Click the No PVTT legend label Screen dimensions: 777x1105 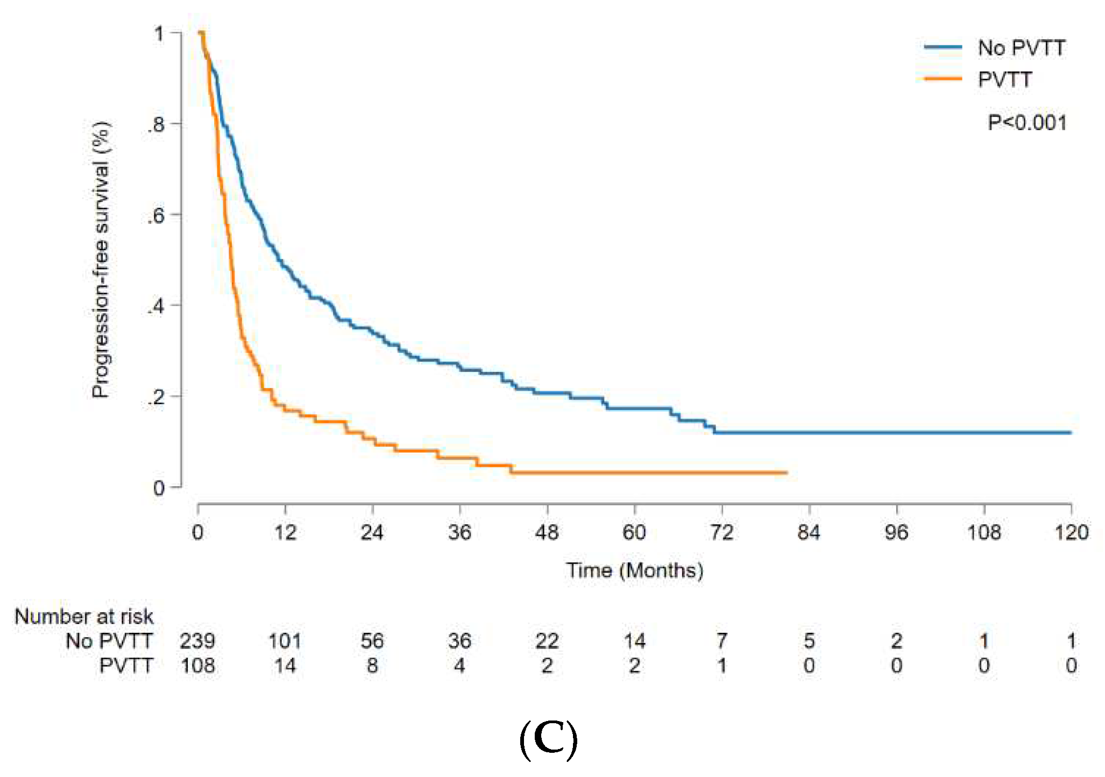pyautogui.click(x=1021, y=48)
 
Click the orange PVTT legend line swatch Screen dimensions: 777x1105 pyautogui.click(x=943, y=79)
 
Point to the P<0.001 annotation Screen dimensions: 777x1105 pyautogui.click(x=1027, y=123)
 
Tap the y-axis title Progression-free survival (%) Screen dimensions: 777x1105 pyautogui.click(x=101, y=259)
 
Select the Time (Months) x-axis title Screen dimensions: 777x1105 pyautogui.click(x=634, y=570)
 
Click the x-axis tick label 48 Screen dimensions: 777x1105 pyautogui.click(x=547, y=533)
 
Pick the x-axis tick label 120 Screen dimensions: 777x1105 pyautogui.click(x=1071, y=533)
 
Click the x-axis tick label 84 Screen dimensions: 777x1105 pyautogui.click(x=809, y=533)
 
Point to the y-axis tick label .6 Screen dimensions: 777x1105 pyautogui.click(x=157, y=216)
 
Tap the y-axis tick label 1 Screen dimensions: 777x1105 pyautogui.click(x=159, y=34)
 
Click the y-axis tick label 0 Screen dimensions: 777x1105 pyautogui.click(x=159, y=488)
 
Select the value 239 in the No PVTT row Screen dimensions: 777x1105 pyautogui.click(x=197, y=641)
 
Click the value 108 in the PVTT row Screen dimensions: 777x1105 pyautogui.click(x=197, y=666)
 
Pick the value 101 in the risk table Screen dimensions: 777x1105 pyautogui.click(x=285, y=641)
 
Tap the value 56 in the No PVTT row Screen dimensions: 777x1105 pyautogui.click(x=372, y=641)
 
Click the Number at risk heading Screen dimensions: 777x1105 pyautogui.click(x=84, y=617)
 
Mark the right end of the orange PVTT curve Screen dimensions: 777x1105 pyautogui.click(x=787, y=472)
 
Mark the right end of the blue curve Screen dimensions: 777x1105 pyautogui.click(x=1071, y=432)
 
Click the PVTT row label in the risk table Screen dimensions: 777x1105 pyautogui.click(x=126, y=666)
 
